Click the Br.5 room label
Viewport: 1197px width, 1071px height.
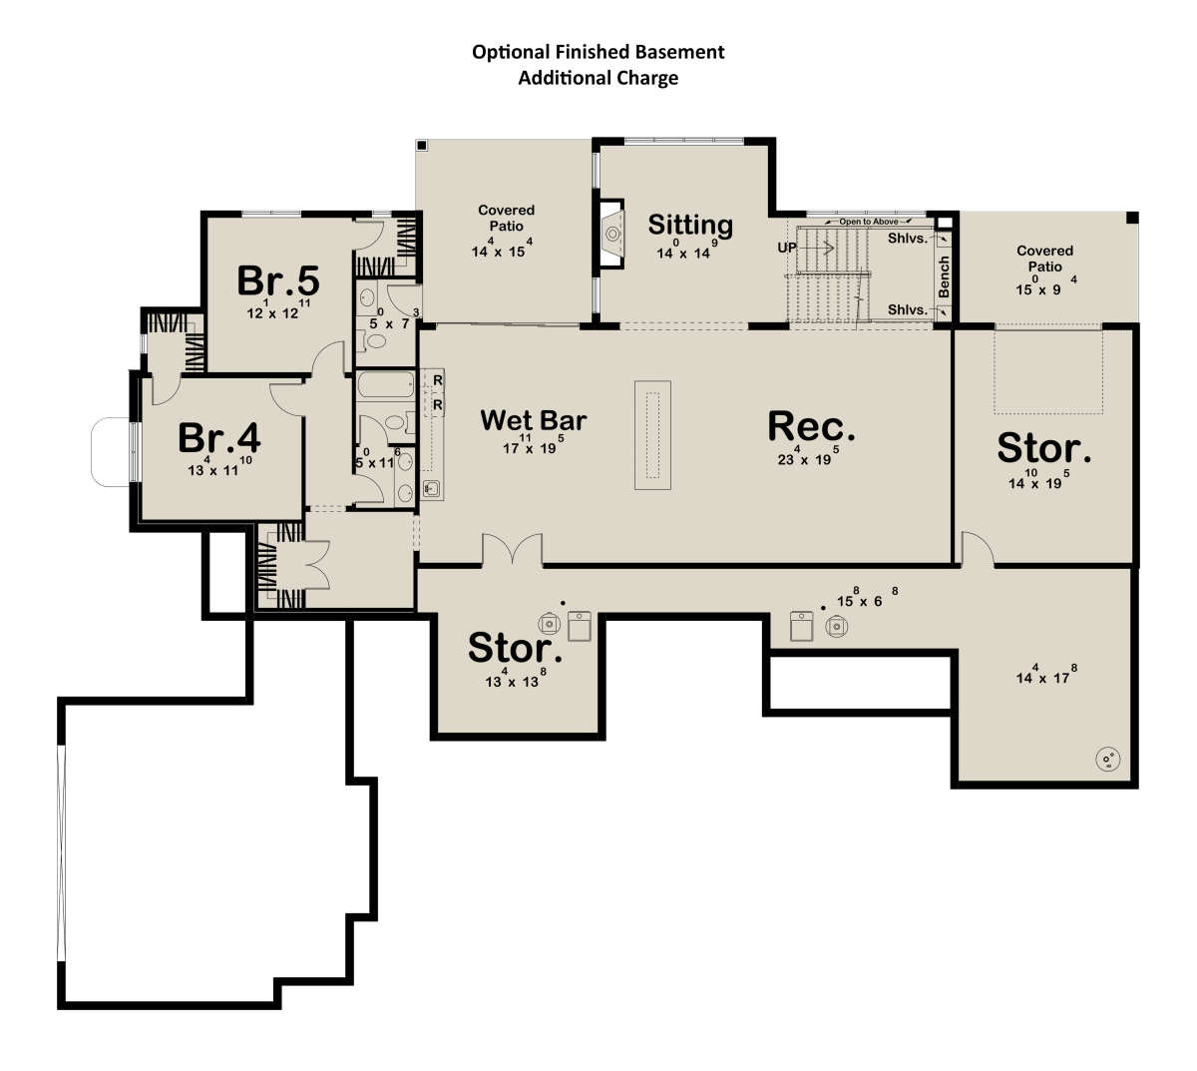pyautogui.click(x=278, y=280)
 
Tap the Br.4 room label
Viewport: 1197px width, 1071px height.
pyautogui.click(x=218, y=438)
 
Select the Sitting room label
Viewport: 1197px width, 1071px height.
pyautogui.click(x=690, y=226)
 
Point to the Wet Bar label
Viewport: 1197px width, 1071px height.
pyautogui.click(x=534, y=420)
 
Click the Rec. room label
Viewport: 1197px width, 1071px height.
pyautogui.click(x=811, y=426)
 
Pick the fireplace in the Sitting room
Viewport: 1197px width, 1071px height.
pyautogui.click(x=610, y=235)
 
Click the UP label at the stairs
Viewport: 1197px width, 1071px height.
pyautogui.click(x=787, y=248)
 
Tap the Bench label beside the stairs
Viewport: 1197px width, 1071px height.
pyautogui.click(x=944, y=276)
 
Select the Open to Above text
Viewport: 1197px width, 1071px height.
pyautogui.click(x=869, y=222)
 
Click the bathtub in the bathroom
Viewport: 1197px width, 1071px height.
pyautogui.click(x=386, y=384)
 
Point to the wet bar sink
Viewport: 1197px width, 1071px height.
pyautogui.click(x=432, y=489)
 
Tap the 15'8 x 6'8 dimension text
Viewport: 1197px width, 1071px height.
pyautogui.click(x=867, y=598)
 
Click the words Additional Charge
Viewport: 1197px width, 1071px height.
pyautogui.click(x=598, y=78)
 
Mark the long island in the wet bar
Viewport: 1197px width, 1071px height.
pyautogui.click(x=652, y=434)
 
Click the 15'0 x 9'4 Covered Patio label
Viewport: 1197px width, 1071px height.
pyautogui.click(x=1045, y=270)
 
